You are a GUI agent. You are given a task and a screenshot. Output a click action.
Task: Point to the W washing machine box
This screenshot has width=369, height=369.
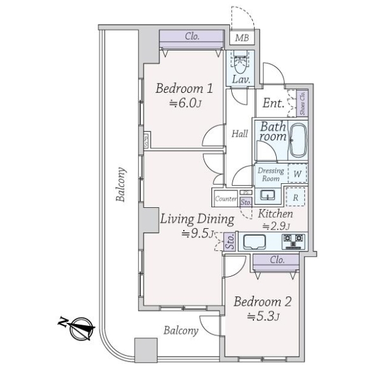297,174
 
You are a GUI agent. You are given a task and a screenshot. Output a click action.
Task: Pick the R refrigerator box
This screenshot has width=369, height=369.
296,197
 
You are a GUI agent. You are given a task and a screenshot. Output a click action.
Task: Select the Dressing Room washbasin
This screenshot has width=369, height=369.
268,196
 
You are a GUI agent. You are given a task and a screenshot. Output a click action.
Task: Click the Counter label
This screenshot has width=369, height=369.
226,199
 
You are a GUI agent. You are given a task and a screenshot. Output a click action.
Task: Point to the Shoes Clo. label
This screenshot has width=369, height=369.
302,103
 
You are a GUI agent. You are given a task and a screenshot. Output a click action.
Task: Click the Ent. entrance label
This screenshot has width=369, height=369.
272,103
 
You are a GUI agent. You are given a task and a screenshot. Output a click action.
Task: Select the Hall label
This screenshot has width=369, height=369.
240,133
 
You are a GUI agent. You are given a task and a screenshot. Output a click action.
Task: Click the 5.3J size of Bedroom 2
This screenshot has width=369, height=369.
263,317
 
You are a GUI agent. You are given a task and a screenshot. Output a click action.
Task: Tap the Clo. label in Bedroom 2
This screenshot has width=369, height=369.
277,260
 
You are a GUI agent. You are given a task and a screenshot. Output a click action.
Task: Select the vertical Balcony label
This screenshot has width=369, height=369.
121,184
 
